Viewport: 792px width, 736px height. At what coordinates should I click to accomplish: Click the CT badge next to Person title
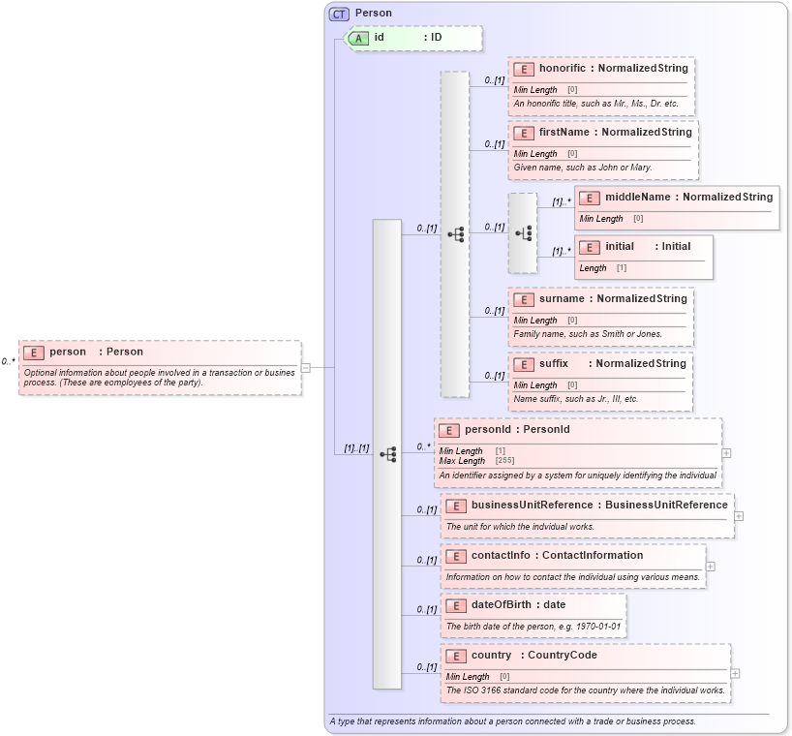click(339, 14)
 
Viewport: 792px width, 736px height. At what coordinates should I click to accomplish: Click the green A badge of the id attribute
click(358, 38)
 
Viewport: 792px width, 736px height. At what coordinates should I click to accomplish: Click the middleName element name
click(638, 198)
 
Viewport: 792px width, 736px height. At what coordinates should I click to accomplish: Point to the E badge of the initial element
click(589, 247)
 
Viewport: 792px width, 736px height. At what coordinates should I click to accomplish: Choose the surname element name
click(562, 299)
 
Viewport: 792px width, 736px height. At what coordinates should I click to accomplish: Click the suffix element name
click(554, 364)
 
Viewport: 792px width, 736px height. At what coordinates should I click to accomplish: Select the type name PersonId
click(546, 430)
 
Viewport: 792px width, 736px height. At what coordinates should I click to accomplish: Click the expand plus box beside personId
click(726, 452)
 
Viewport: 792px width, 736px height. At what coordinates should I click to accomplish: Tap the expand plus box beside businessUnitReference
click(739, 516)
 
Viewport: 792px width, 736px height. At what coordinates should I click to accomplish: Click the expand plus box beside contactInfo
click(710, 567)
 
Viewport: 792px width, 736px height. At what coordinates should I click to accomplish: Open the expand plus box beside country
click(735, 673)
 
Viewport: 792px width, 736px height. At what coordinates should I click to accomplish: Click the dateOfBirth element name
click(504, 605)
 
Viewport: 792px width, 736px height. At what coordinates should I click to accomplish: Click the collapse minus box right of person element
click(305, 367)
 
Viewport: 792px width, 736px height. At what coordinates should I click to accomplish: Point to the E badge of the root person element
click(34, 353)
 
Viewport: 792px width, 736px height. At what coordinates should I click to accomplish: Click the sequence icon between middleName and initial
click(524, 233)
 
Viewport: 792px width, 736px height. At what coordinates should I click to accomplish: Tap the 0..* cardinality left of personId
click(423, 447)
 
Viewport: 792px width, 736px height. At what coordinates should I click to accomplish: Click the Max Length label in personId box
click(462, 461)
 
